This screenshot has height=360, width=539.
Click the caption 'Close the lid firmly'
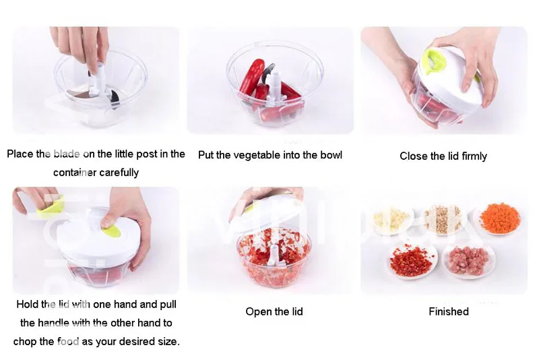443,156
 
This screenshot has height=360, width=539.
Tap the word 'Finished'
449,311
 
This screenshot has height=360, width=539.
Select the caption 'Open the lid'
274,311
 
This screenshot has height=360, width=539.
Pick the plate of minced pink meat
469,260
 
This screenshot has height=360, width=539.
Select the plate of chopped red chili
412,262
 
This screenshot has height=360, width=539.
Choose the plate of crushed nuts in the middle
442,218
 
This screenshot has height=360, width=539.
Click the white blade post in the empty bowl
95,82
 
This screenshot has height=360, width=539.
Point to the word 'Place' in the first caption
20,154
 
